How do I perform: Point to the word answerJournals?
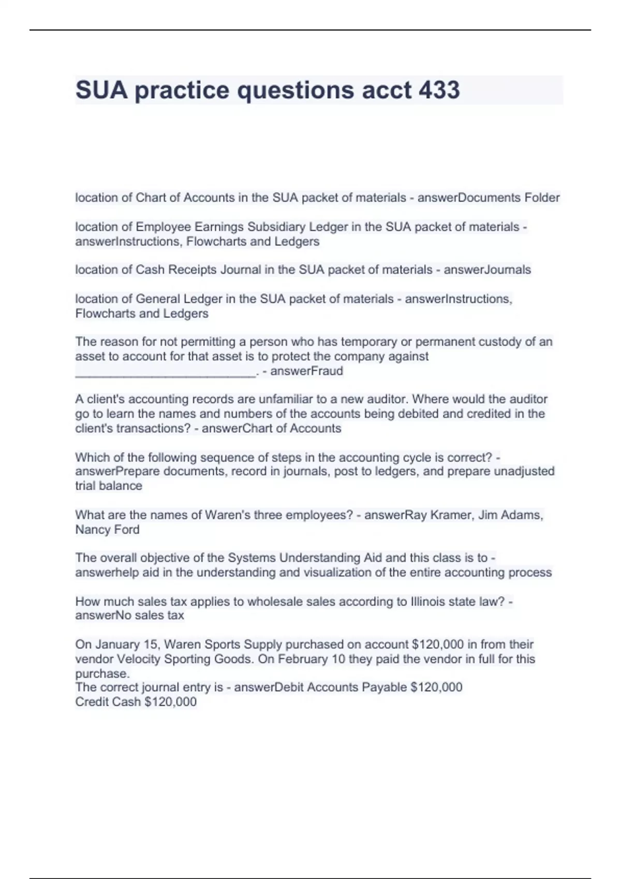[x=487, y=270]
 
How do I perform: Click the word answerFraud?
[x=306, y=371]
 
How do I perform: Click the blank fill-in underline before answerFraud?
[x=165, y=374]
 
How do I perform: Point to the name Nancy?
[x=93, y=529]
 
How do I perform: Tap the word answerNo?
[x=103, y=615]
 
